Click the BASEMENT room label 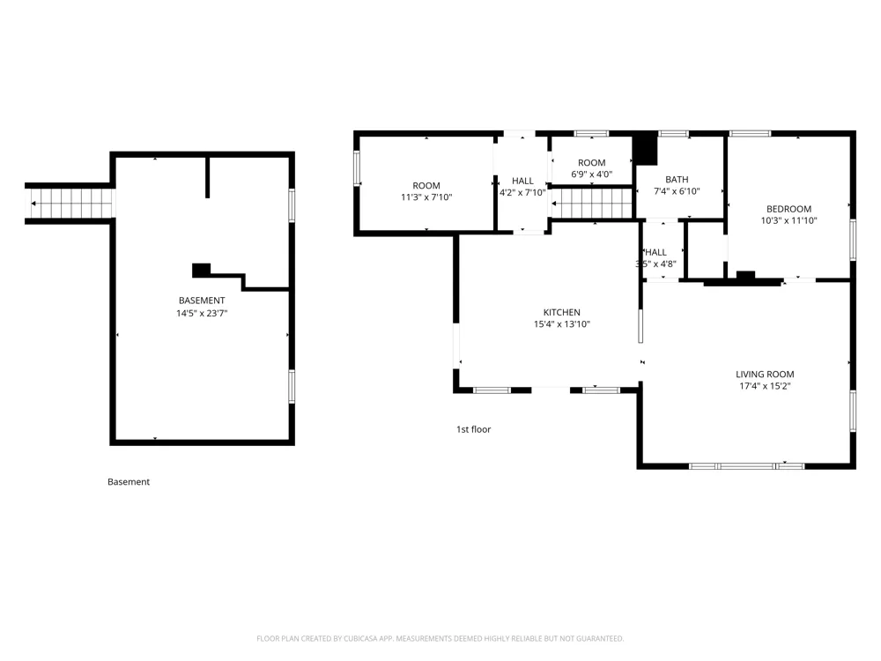tap(202, 301)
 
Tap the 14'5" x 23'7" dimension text tap(202, 313)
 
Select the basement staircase tap(70, 203)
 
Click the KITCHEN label tap(562, 312)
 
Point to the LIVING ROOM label tap(765, 374)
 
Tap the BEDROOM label tap(788, 209)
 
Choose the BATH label tap(677, 179)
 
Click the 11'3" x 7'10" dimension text tap(426, 197)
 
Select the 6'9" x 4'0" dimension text tap(592, 175)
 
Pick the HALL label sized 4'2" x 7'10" tap(522, 181)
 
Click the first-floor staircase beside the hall tap(592, 203)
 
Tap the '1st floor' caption tap(474, 429)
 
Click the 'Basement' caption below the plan tap(129, 482)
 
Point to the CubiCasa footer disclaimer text tap(440, 638)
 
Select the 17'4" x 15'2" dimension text tap(765, 386)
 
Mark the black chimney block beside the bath tap(645, 149)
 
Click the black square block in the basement tap(201, 271)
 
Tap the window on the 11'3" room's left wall tap(357, 168)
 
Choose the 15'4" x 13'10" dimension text tap(562, 324)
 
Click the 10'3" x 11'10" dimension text tap(788, 221)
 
